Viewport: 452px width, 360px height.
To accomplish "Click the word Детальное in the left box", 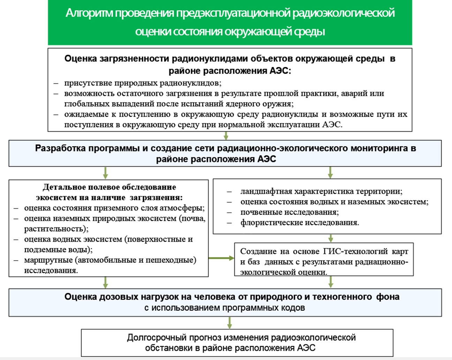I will [64, 187].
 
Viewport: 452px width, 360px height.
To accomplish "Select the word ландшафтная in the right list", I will [266, 191].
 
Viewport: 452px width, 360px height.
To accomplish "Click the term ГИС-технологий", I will [355, 251].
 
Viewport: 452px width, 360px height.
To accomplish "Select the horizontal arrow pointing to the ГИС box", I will [221, 258].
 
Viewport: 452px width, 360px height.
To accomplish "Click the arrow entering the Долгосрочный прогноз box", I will [229, 323].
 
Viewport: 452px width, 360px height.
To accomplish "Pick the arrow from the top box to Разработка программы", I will [226, 136].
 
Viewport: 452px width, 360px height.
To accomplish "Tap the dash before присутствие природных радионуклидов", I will [56, 83].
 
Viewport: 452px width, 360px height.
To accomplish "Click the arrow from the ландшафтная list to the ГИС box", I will [330, 238].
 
